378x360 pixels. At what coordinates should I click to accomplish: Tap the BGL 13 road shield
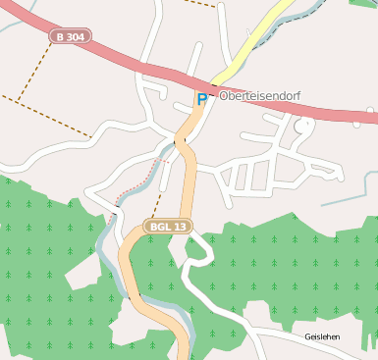coord(169,227)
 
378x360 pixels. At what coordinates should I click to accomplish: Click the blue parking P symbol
coord(202,99)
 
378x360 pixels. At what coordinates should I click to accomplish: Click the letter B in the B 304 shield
coord(61,37)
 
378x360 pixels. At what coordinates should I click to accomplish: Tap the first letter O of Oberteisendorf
coord(224,96)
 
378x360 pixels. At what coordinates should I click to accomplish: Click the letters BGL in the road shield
coord(162,227)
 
